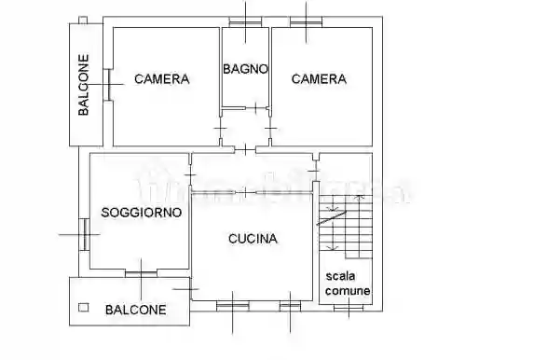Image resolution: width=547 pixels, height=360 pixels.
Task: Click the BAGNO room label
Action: click(x=245, y=69)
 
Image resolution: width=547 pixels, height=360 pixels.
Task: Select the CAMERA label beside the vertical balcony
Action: click(x=161, y=79)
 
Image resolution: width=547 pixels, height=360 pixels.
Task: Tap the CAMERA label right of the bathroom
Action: click(x=319, y=79)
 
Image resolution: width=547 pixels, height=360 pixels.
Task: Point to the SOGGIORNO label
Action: click(x=142, y=213)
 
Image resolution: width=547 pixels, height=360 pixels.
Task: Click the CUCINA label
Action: click(x=253, y=239)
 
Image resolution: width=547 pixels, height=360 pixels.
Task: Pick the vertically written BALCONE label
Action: click(x=84, y=86)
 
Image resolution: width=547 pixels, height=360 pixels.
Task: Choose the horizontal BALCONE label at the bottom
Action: click(x=136, y=310)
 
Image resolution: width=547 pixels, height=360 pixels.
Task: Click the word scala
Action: click(x=341, y=276)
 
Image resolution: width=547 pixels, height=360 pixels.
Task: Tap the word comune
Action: click(x=347, y=291)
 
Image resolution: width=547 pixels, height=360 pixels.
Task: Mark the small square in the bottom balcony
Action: click(x=84, y=306)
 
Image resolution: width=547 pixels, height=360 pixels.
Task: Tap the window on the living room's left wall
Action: click(x=84, y=233)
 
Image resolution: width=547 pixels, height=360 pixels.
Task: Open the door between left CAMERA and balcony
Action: click(x=109, y=85)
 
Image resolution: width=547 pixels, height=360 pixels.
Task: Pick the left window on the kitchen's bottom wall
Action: click(x=227, y=304)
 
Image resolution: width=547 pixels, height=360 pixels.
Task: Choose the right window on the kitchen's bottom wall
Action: click(x=291, y=304)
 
